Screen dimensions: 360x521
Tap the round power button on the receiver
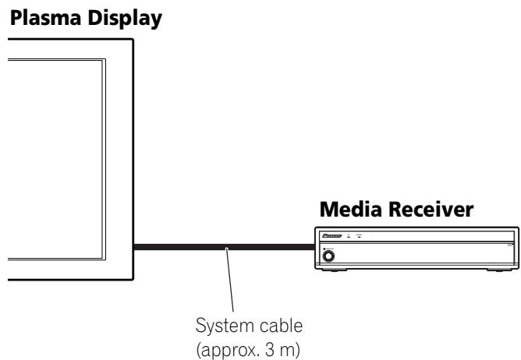click(329, 255)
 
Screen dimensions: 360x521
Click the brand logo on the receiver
click(334, 235)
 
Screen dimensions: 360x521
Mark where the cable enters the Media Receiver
click(314, 249)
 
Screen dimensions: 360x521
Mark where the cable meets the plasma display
click(133, 249)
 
